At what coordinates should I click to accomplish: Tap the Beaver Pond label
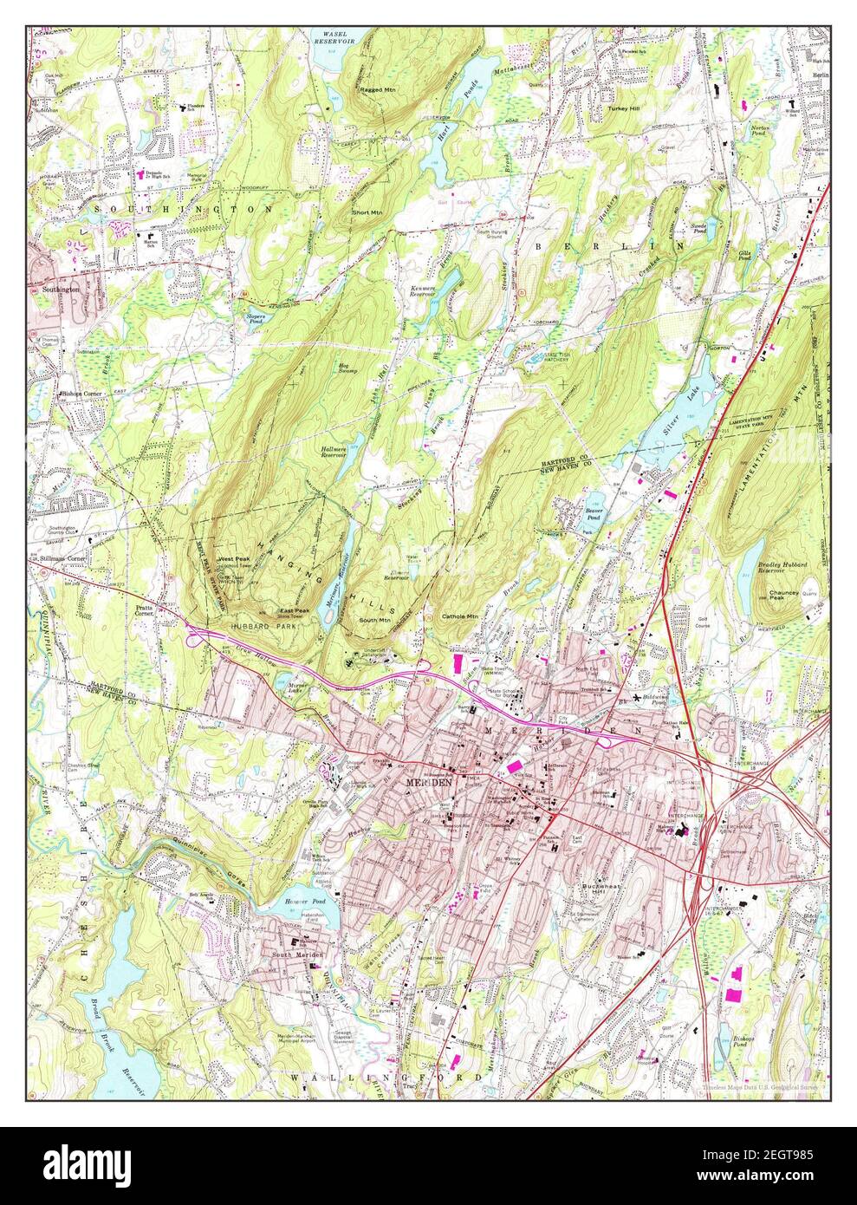point(594,513)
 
